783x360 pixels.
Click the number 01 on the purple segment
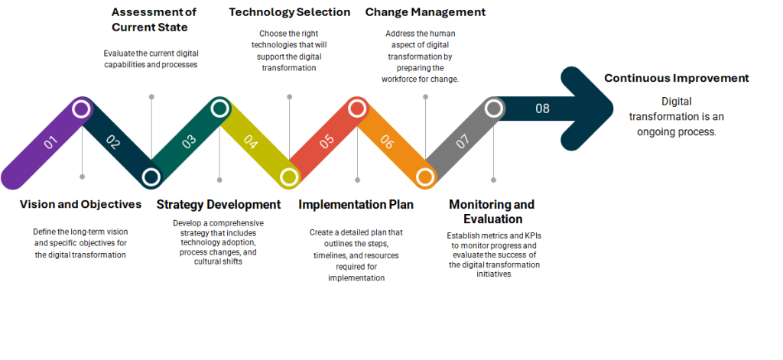pyautogui.click(x=50, y=143)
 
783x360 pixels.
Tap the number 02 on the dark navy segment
pyautogui.click(x=113, y=143)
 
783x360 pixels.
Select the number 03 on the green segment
pyautogui.click(x=189, y=142)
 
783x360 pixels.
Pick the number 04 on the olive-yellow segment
pyautogui.click(x=251, y=142)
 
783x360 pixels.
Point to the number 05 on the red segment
pyautogui.click(x=327, y=142)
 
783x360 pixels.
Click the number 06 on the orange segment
pyautogui.click(x=386, y=142)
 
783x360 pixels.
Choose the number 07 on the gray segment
pyautogui.click(x=463, y=142)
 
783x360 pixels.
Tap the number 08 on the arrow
pyautogui.click(x=542, y=109)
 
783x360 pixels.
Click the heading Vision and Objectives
pyautogui.click(x=80, y=204)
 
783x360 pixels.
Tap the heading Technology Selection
pyautogui.click(x=290, y=12)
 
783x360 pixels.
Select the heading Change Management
pyautogui.click(x=425, y=12)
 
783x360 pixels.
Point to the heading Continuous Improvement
pyautogui.click(x=677, y=79)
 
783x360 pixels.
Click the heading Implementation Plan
pyautogui.click(x=356, y=205)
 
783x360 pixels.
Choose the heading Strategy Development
pyautogui.click(x=219, y=205)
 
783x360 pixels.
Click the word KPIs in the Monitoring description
pyautogui.click(x=528, y=235)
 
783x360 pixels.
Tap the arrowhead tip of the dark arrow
pyautogui.click(x=613, y=109)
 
